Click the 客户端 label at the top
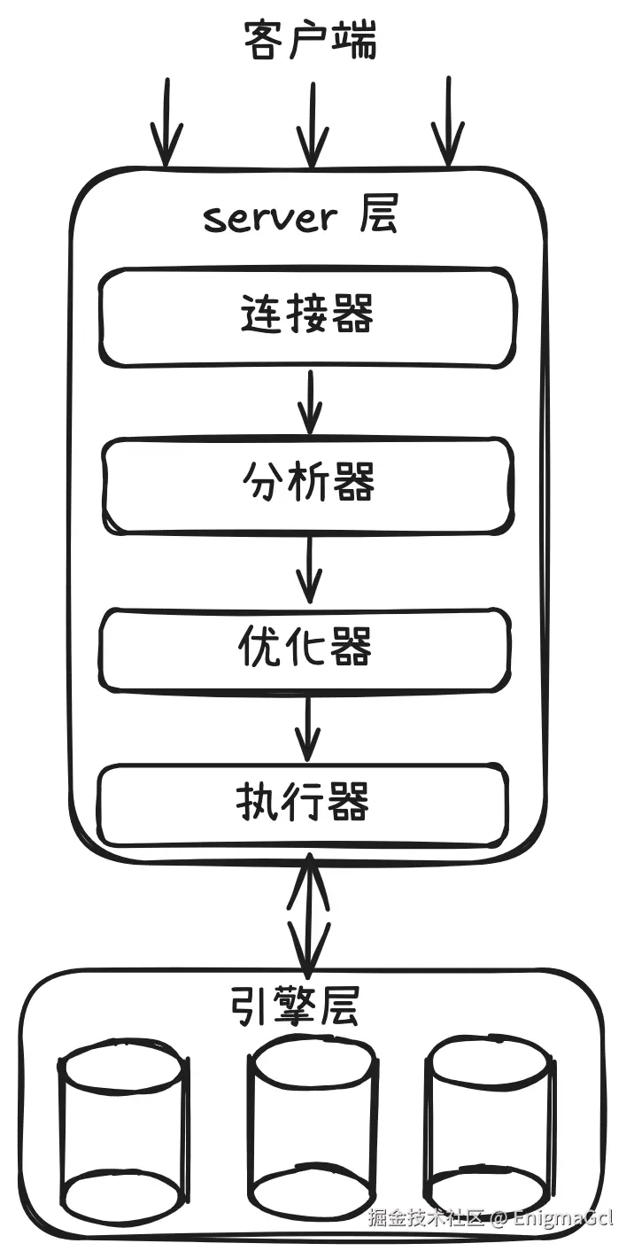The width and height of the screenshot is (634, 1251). pyautogui.click(x=310, y=41)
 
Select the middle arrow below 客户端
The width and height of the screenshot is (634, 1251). pyautogui.click(x=312, y=123)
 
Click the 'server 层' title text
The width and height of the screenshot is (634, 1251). pyautogui.click(x=300, y=216)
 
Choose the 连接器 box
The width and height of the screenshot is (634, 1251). pyautogui.click(x=306, y=316)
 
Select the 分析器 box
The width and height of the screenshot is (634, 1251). pyautogui.click(x=307, y=485)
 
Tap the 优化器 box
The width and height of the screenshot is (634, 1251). pyautogui.click(x=305, y=649)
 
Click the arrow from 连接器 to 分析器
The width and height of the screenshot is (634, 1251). pyautogui.click(x=310, y=401)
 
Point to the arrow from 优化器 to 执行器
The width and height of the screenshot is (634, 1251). pyautogui.click(x=307, y=727)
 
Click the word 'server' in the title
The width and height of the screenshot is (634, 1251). pyautogui.click(x=269, y=218)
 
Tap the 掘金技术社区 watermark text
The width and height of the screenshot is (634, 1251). pyautogui.click(x=427, y=1217)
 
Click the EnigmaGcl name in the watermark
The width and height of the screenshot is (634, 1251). pyautogui.click(x=562, y=1217)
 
